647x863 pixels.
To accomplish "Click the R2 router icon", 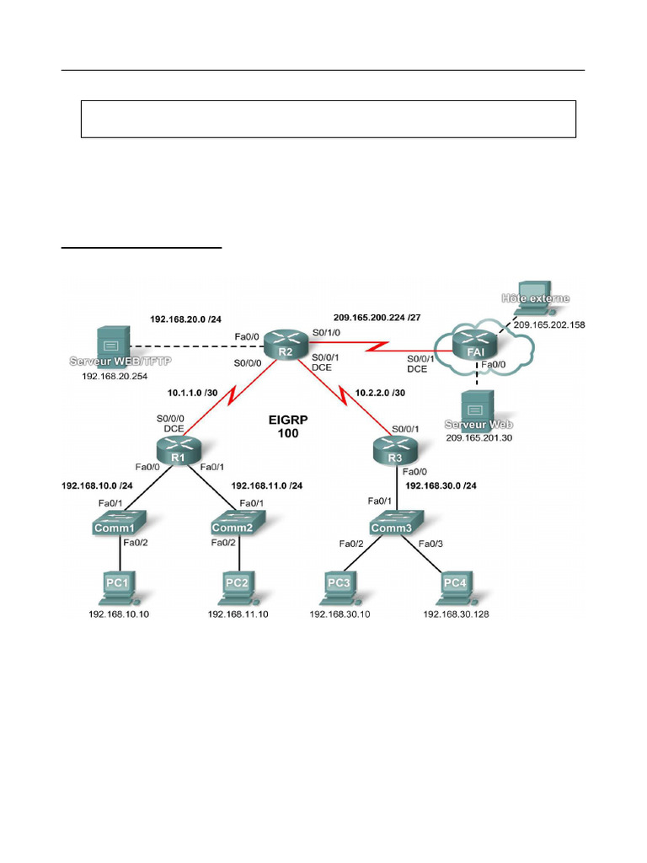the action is [286, 345].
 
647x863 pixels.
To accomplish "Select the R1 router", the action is [179, 451].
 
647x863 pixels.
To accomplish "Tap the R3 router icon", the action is [396, 451].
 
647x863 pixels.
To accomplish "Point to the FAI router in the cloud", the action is [475, 345].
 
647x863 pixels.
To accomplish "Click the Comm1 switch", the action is [119, 523].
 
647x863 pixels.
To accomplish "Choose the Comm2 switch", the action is [238, 523].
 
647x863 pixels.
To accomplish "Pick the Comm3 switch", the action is [396, 523].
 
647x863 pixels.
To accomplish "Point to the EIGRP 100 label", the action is [288, 426].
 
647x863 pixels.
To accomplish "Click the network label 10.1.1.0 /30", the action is [193, 393].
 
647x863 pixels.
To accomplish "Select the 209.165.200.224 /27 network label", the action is [377, 318].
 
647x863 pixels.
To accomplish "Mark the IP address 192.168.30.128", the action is [456, 614].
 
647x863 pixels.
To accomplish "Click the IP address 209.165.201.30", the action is [479, 438].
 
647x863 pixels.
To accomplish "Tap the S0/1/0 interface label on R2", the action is [326, 333].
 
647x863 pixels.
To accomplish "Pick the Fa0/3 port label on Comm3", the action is [430, 544].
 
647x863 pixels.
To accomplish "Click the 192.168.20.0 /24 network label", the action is [186, 319].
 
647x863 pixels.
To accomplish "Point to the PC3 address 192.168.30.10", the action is [340, 614].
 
